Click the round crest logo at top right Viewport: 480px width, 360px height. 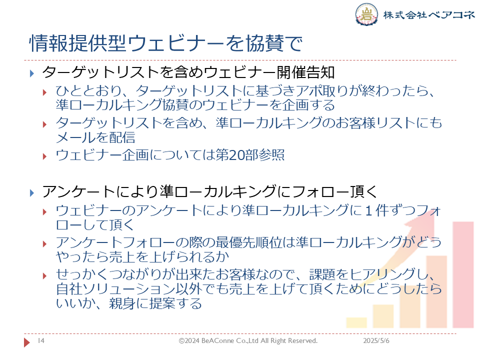click(x=366, y=14)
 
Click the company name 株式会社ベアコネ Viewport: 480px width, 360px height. click(x=429, y=14)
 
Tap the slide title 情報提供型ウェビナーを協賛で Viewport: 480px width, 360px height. click(x=165, y=43)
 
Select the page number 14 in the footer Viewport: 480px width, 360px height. click(x=41, y=340)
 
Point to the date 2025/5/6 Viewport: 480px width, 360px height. click(x=376, y=340)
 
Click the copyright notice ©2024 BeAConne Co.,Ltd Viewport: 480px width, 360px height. click(x=248, y=340)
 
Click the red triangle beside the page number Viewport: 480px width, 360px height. click(x=27, y=342)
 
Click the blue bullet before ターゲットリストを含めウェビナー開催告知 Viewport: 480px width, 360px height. click(x=32, y=73)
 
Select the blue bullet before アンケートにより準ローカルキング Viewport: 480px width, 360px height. click(x=32, y=193)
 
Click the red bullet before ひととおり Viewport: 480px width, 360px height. click(x=44, y=92)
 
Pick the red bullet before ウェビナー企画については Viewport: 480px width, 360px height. click(x=44, y=156)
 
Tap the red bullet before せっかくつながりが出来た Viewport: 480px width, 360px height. click(x=44, y=276)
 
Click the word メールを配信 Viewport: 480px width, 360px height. click(x=95, y=137)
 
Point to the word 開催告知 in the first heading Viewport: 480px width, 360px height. click(x=305, y=72)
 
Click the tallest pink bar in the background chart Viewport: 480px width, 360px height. click(x=463, y=274)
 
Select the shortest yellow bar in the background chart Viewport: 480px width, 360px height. click(x=356, y=322)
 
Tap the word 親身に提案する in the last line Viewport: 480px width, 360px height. click(x=155, y=303)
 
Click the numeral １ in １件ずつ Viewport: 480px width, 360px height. click(x=369, y=210)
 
